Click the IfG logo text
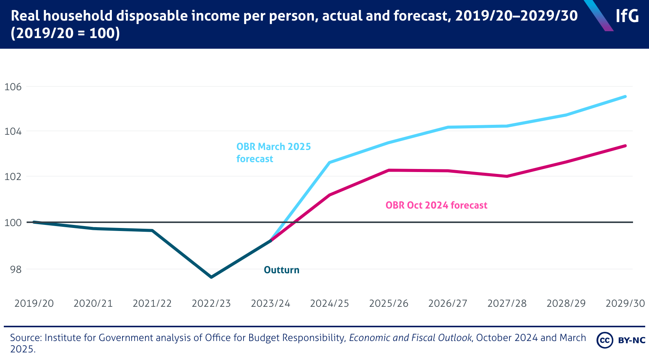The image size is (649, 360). coord(627,16)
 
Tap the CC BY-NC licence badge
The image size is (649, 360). coord(621,340)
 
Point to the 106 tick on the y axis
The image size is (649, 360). coord(13,87)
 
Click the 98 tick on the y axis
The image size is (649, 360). coord(16,269)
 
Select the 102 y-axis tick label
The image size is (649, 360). coord(13,177)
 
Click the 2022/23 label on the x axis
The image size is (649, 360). coord(211,303)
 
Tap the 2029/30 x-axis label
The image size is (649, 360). coord(625,303)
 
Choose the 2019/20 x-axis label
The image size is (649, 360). coord(34,303)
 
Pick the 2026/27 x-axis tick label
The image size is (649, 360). coord(448,303)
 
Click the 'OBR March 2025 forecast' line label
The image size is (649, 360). coord(274,153)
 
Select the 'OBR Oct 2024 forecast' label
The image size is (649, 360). coord(436,205)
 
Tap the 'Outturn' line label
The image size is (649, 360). coord(282,270)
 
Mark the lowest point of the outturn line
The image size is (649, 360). coord(211,277)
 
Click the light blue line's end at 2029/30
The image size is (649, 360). coord(625,97)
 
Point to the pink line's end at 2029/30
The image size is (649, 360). coord(625,146)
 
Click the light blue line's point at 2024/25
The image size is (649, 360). coord(329,162)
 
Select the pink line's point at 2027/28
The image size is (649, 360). coord(507,176)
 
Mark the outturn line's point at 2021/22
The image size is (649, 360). coord(152,230)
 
